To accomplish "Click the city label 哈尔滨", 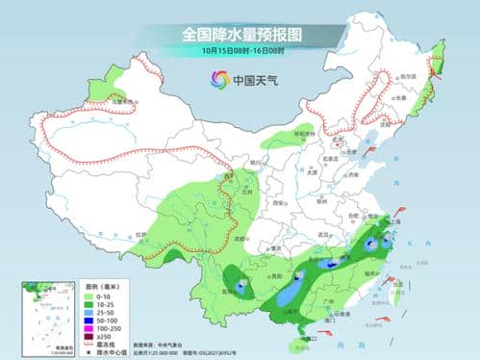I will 408,76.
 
